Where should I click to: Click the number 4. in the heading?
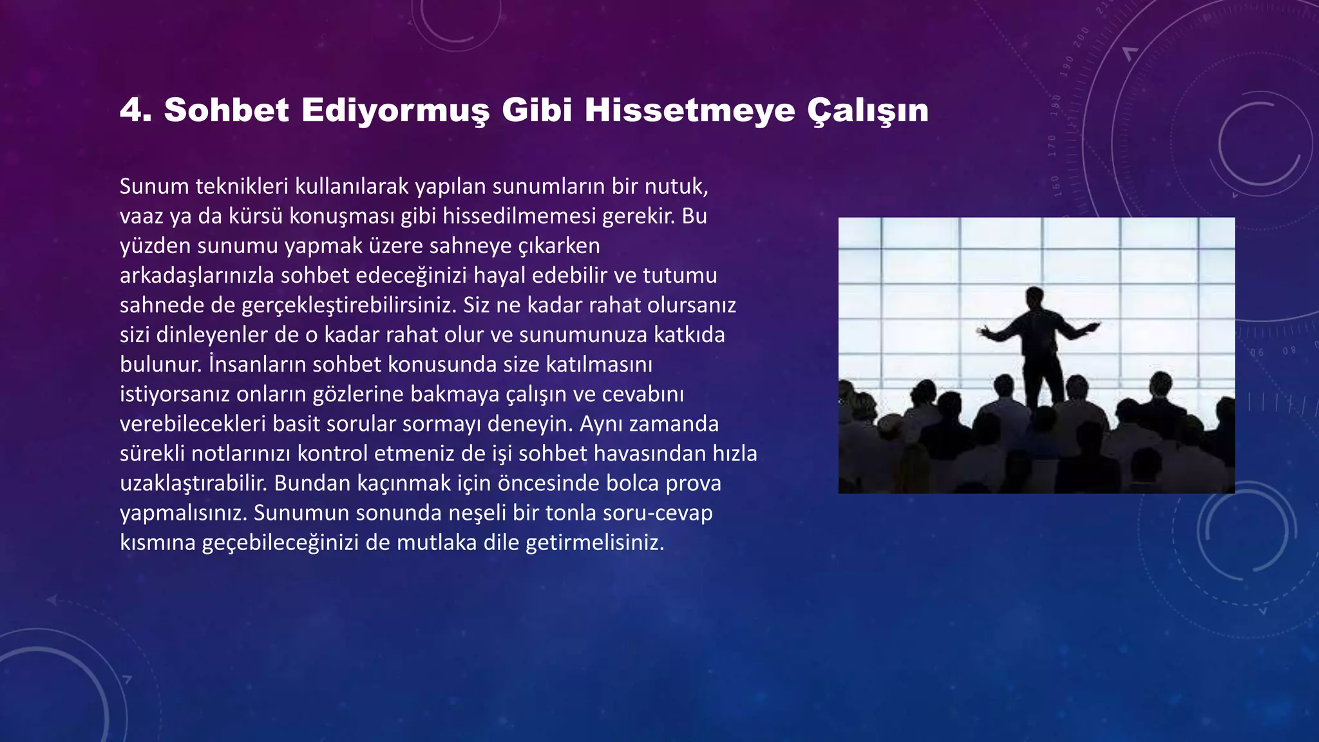point(135,110)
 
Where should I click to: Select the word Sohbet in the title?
point(227,110)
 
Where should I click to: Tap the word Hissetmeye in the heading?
point(690,110)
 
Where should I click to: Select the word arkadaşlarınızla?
point(198,276)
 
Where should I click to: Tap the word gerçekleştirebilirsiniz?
point(348,305)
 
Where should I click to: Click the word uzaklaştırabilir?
point(193,484)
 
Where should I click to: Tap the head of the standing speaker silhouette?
point(1035,298)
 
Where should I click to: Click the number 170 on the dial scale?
point(1052,146)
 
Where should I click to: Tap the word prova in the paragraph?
point(693,484)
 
